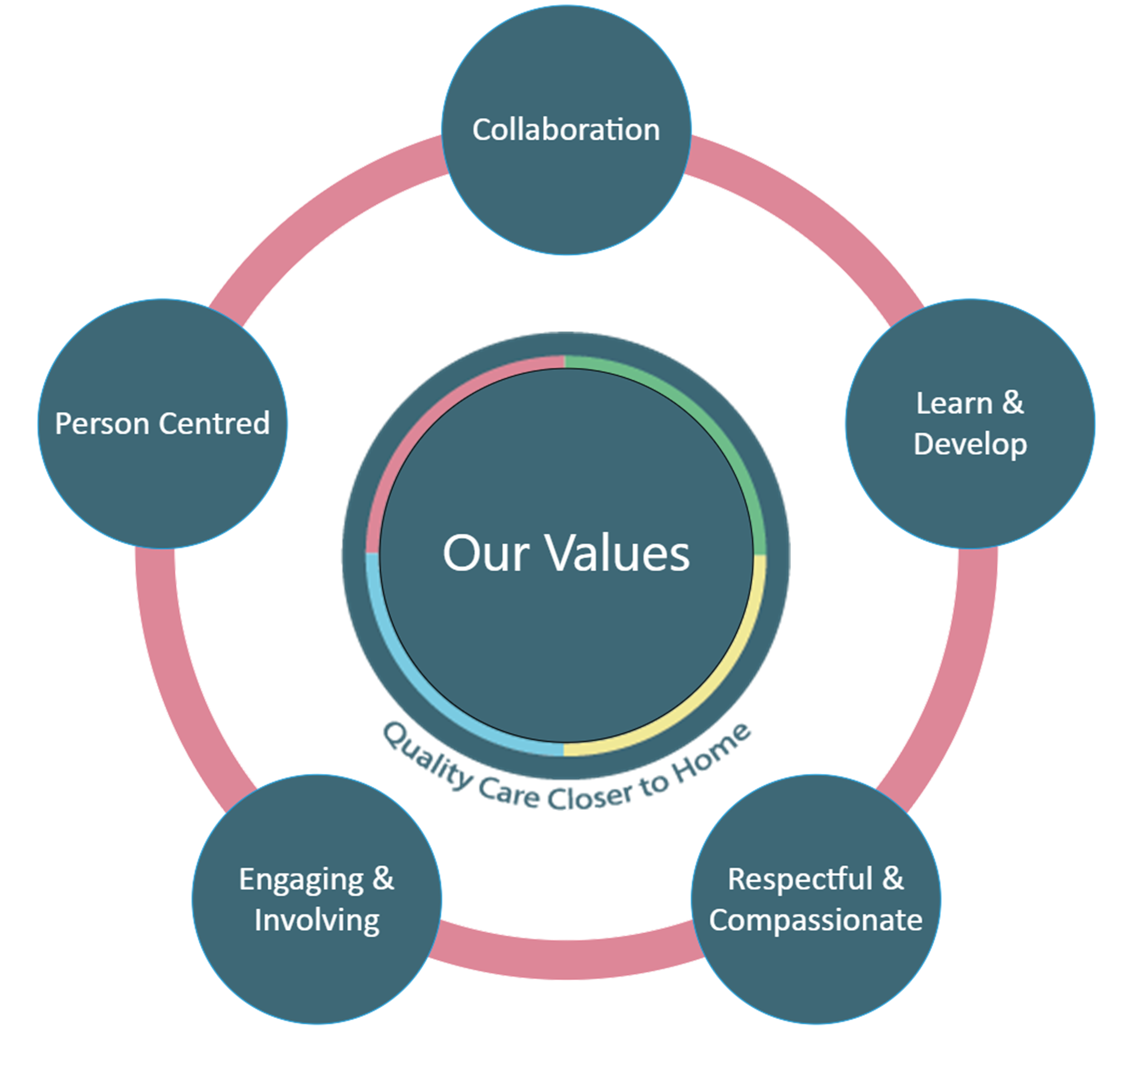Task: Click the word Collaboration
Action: [566, 130]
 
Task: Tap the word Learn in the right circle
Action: [953, 403]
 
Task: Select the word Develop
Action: [970, 444]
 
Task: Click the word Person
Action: [102, 424]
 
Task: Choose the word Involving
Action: [317, 920]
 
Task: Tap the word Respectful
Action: [800, 880]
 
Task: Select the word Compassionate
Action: [815, 920]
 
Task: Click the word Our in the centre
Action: [485, 553]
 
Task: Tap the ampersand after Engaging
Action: [383, 879]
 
